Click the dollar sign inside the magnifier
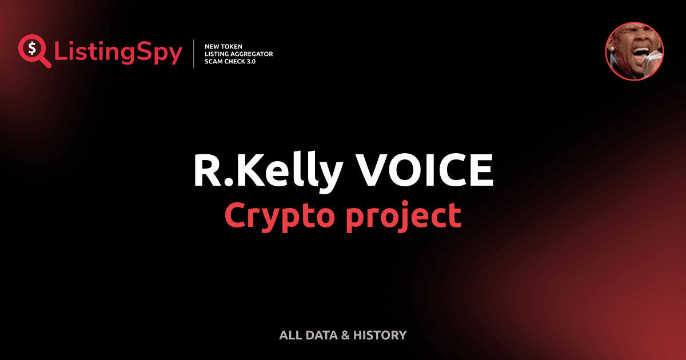point(32,47)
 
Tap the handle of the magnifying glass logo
point(46,62)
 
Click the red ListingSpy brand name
point(118,53)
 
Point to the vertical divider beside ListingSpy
point(194,54)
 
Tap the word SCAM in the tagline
point(214,61)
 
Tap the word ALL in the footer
point(290,335)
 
